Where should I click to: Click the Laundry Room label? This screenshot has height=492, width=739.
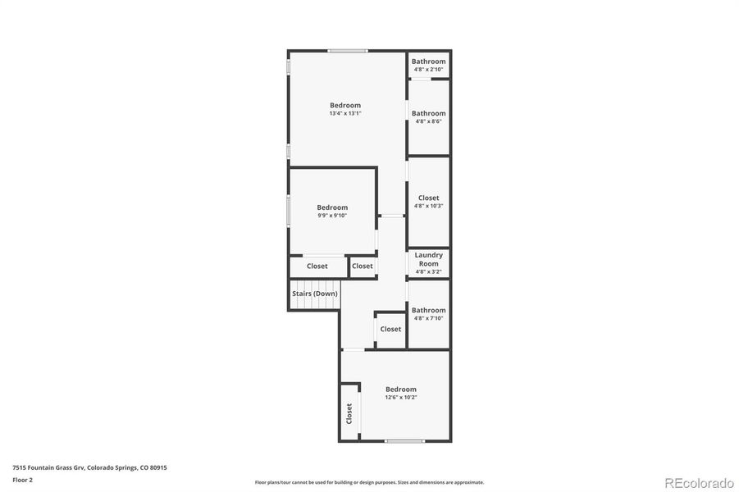[x=428, y=259]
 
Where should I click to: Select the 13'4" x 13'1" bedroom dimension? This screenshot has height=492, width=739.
[x=345, y=113]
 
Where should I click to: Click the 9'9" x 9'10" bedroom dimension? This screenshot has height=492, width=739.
[x=332, y=216]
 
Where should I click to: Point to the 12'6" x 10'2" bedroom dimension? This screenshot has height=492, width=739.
[x=401, y=397]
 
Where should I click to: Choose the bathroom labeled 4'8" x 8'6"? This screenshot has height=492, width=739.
[x=428, y=117]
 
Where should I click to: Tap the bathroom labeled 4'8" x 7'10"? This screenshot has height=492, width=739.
[x=428, y=314]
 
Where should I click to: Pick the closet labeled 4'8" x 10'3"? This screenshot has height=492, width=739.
[x=428, y=202]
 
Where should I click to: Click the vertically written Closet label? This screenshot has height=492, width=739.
[x=349, y=413]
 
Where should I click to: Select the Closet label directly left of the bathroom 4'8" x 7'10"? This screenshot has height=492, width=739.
[x=390, y=329]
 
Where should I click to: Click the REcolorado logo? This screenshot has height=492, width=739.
[x=699, y=482]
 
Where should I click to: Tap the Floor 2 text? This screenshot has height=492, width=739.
[x=21, y=479]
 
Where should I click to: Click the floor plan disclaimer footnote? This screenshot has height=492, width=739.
[x=369, y=482]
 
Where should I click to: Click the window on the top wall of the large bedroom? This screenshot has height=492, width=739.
[x=347, y=51]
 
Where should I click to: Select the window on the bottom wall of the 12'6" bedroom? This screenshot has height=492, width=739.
[x=404, y=441]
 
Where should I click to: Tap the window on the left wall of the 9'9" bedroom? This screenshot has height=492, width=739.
[x=288, y=210]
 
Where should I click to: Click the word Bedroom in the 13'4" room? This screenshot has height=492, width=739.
[x=345, y=105]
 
